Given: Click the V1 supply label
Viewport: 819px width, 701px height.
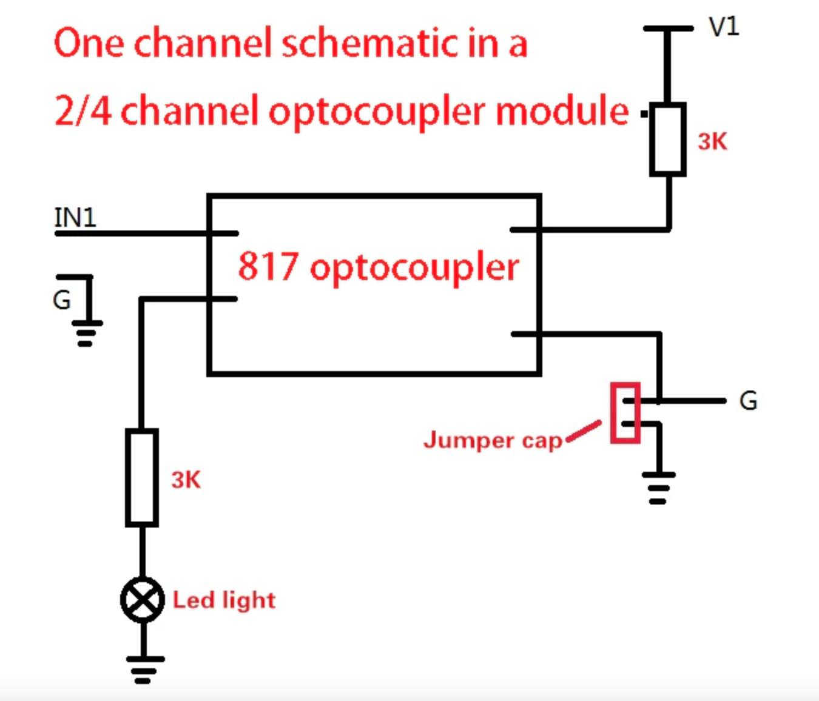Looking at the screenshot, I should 724,27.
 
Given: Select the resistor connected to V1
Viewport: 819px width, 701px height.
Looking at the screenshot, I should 668,139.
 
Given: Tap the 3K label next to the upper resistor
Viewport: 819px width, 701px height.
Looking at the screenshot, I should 712,141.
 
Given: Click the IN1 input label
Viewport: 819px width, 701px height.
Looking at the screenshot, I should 75,217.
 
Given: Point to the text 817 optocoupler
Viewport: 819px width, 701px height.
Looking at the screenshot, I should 378,267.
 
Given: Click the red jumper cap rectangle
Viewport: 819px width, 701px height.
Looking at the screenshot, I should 625,412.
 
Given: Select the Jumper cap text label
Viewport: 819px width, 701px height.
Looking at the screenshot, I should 493,440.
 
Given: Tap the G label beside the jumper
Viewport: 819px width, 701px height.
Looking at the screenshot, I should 748,401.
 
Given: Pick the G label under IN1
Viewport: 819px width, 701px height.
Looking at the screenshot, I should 61,300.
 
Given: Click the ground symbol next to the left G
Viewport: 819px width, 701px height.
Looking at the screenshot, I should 86,332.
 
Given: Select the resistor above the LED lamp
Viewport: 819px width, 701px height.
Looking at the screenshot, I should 142,478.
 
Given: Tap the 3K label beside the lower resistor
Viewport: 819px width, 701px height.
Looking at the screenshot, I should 186,480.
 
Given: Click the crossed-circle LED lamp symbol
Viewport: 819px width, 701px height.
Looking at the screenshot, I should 142,600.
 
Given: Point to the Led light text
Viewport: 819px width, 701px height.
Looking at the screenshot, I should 224,600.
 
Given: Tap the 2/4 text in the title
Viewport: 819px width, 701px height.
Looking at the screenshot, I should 83,111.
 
